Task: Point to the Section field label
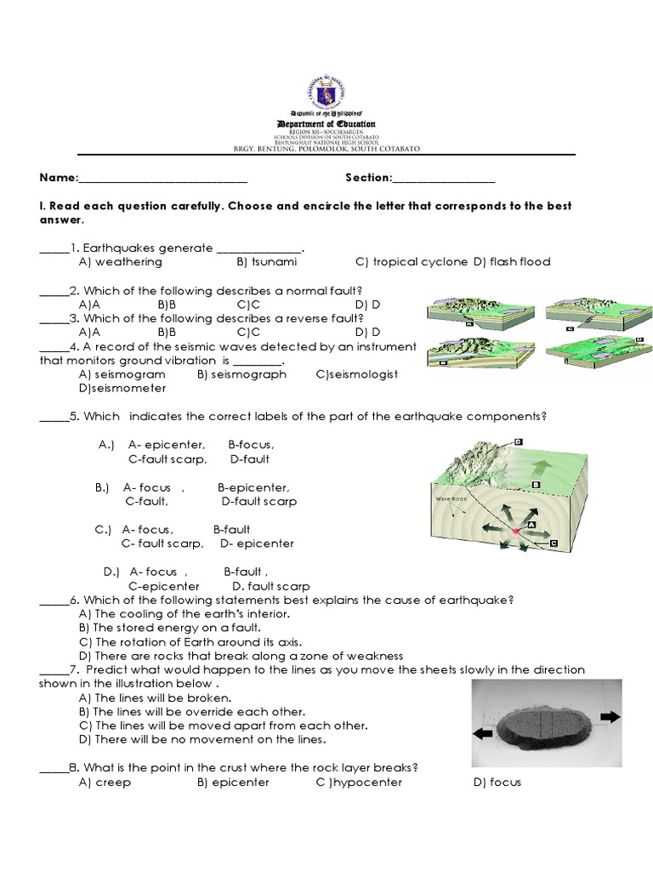368,179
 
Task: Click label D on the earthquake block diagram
517,441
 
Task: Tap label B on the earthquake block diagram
537,484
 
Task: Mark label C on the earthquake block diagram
554,542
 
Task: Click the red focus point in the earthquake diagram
515,532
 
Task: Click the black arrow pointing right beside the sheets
610,717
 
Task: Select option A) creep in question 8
105,783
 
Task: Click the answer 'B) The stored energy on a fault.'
151,628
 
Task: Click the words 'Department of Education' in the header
326,124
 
